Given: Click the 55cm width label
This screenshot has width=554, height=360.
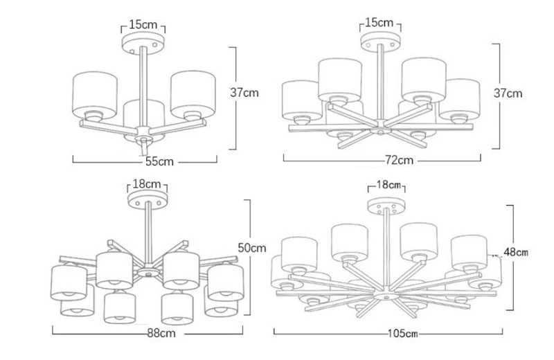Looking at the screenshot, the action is click(160, 161).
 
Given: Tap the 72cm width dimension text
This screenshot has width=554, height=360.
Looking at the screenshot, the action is click(400, 160).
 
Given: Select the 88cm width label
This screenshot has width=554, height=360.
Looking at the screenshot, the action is click(161, 333).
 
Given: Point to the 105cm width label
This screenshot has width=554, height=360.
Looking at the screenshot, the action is click(403, 333).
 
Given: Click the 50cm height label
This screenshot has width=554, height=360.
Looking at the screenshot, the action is click(251, 248).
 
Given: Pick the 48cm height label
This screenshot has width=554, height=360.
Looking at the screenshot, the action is click(516, 252).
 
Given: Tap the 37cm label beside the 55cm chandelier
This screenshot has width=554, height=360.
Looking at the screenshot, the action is click(244, 93).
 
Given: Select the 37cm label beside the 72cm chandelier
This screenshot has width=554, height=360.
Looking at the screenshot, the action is click(508, 93).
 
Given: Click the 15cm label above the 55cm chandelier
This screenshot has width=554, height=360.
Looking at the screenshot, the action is click(143, 24).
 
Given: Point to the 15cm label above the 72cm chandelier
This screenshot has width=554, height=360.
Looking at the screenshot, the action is click(379, 23).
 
